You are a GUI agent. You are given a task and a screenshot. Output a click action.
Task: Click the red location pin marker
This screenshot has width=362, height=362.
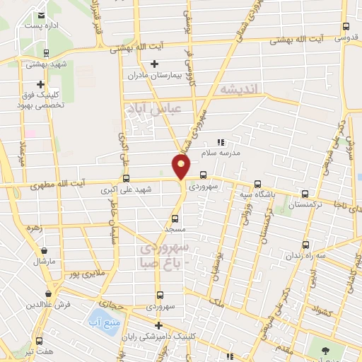point(182,167)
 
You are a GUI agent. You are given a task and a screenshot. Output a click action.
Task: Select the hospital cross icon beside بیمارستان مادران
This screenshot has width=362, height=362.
point(155,64)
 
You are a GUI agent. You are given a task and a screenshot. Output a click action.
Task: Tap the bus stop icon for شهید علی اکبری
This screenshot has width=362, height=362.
point(127,178)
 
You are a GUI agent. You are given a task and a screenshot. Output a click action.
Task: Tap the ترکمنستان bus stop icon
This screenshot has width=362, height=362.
point(305,194)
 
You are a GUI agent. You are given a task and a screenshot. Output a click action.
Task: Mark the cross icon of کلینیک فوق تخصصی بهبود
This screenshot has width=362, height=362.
point(41,84)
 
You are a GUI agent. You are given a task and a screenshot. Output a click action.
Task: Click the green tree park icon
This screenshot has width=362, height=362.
point(325,351)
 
